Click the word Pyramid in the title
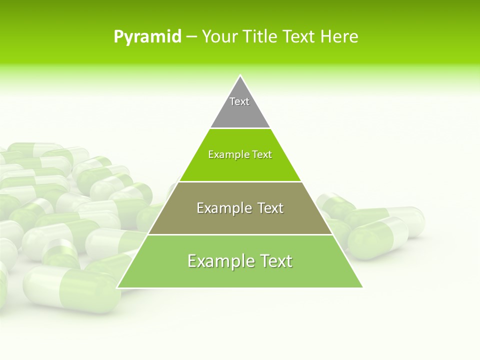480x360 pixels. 147,37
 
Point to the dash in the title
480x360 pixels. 191,37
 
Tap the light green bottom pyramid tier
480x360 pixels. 240,275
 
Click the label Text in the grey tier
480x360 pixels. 239,101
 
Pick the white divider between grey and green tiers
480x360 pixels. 240,128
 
